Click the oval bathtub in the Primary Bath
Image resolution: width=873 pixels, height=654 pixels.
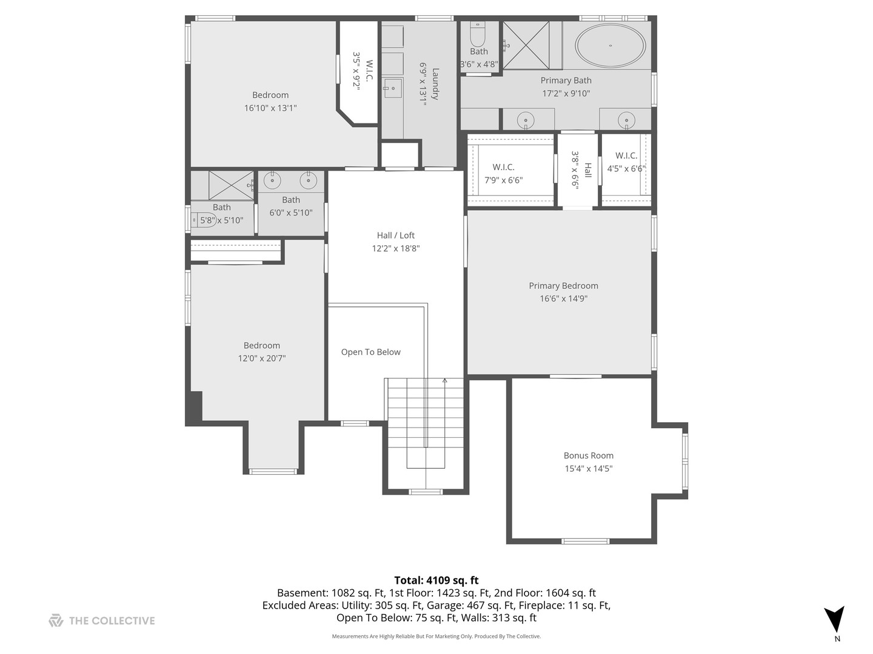[610, 45]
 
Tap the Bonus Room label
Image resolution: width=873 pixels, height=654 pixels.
[588, 455]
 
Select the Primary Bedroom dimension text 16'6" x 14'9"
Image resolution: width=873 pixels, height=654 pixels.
[563, 299]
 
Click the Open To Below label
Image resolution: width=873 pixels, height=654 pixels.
[370, 352]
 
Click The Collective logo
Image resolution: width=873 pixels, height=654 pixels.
[56, 620]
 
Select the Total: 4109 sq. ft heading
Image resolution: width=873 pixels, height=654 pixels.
[436, 580]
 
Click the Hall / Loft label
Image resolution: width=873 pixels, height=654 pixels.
[395, 236]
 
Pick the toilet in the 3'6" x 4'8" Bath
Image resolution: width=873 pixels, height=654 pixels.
[478, 36]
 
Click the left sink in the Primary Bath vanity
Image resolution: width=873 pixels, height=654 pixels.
[526, 120]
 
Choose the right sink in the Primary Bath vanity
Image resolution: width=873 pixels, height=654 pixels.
[626, 120]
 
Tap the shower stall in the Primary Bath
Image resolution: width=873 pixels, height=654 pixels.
[526, 45]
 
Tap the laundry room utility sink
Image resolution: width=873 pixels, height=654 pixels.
[392, 88]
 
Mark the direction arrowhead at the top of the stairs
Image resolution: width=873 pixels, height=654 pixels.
[444, 381]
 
